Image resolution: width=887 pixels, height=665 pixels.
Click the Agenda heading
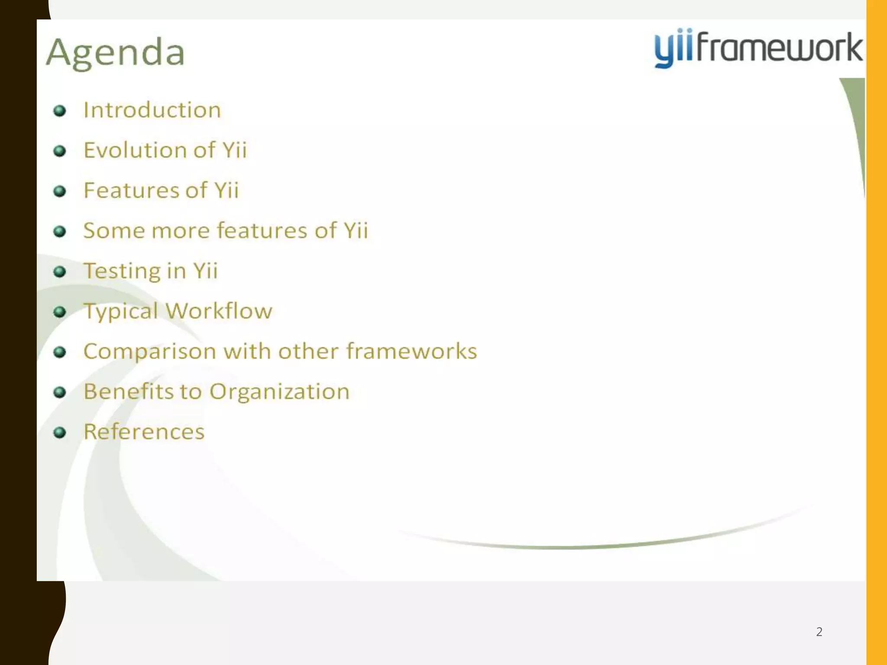[x=116, y=53]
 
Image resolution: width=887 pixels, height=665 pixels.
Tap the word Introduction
[x=152, y=110]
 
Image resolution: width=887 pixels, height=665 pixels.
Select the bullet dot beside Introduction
[x=59, y=111]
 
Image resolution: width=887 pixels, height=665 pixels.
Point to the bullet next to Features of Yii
[x=59, y=191]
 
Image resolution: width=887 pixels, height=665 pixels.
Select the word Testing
[x=121, y=271]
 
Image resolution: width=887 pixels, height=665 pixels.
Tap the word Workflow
[x=219, y=311]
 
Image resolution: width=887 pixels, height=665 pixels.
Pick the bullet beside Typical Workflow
[x=59, y=312]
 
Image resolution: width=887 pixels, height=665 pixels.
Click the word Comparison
[x=149, y=352]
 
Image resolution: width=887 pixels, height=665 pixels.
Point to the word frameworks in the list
[x=411, y=351]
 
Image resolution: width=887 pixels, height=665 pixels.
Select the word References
[x=144, y=432]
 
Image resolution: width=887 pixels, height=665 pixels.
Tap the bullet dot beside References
[x=59, y=432]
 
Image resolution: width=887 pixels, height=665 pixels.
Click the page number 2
[x=819, y=632]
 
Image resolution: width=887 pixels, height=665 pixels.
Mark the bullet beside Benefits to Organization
[x=59, y=392]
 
